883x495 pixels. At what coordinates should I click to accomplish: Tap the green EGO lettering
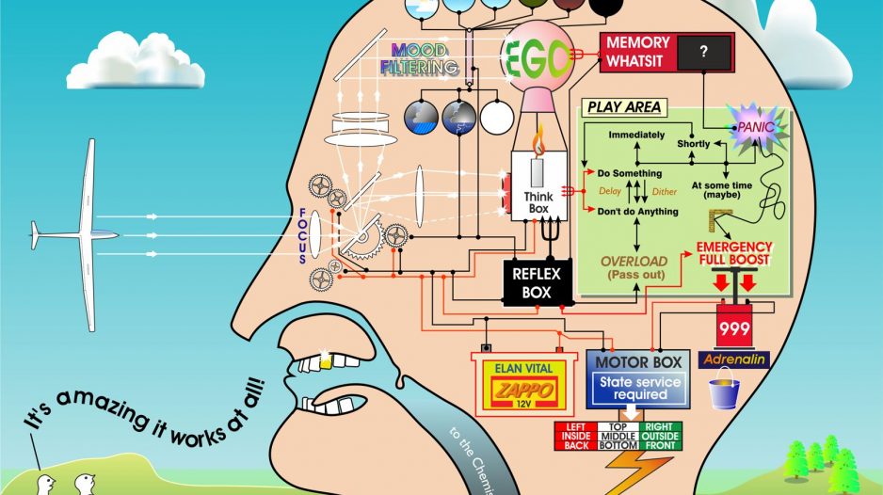pos(538,58)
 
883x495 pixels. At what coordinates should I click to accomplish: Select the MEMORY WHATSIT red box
pos(637,51)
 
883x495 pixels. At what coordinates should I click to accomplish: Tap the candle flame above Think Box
pos(539,144)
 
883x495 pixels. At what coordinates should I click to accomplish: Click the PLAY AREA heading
pos(623,107)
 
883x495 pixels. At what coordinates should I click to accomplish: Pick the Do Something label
pos(630,174)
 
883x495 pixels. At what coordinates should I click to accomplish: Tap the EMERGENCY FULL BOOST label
pos(733,253)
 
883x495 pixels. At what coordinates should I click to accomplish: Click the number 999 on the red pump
pos(733,330)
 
